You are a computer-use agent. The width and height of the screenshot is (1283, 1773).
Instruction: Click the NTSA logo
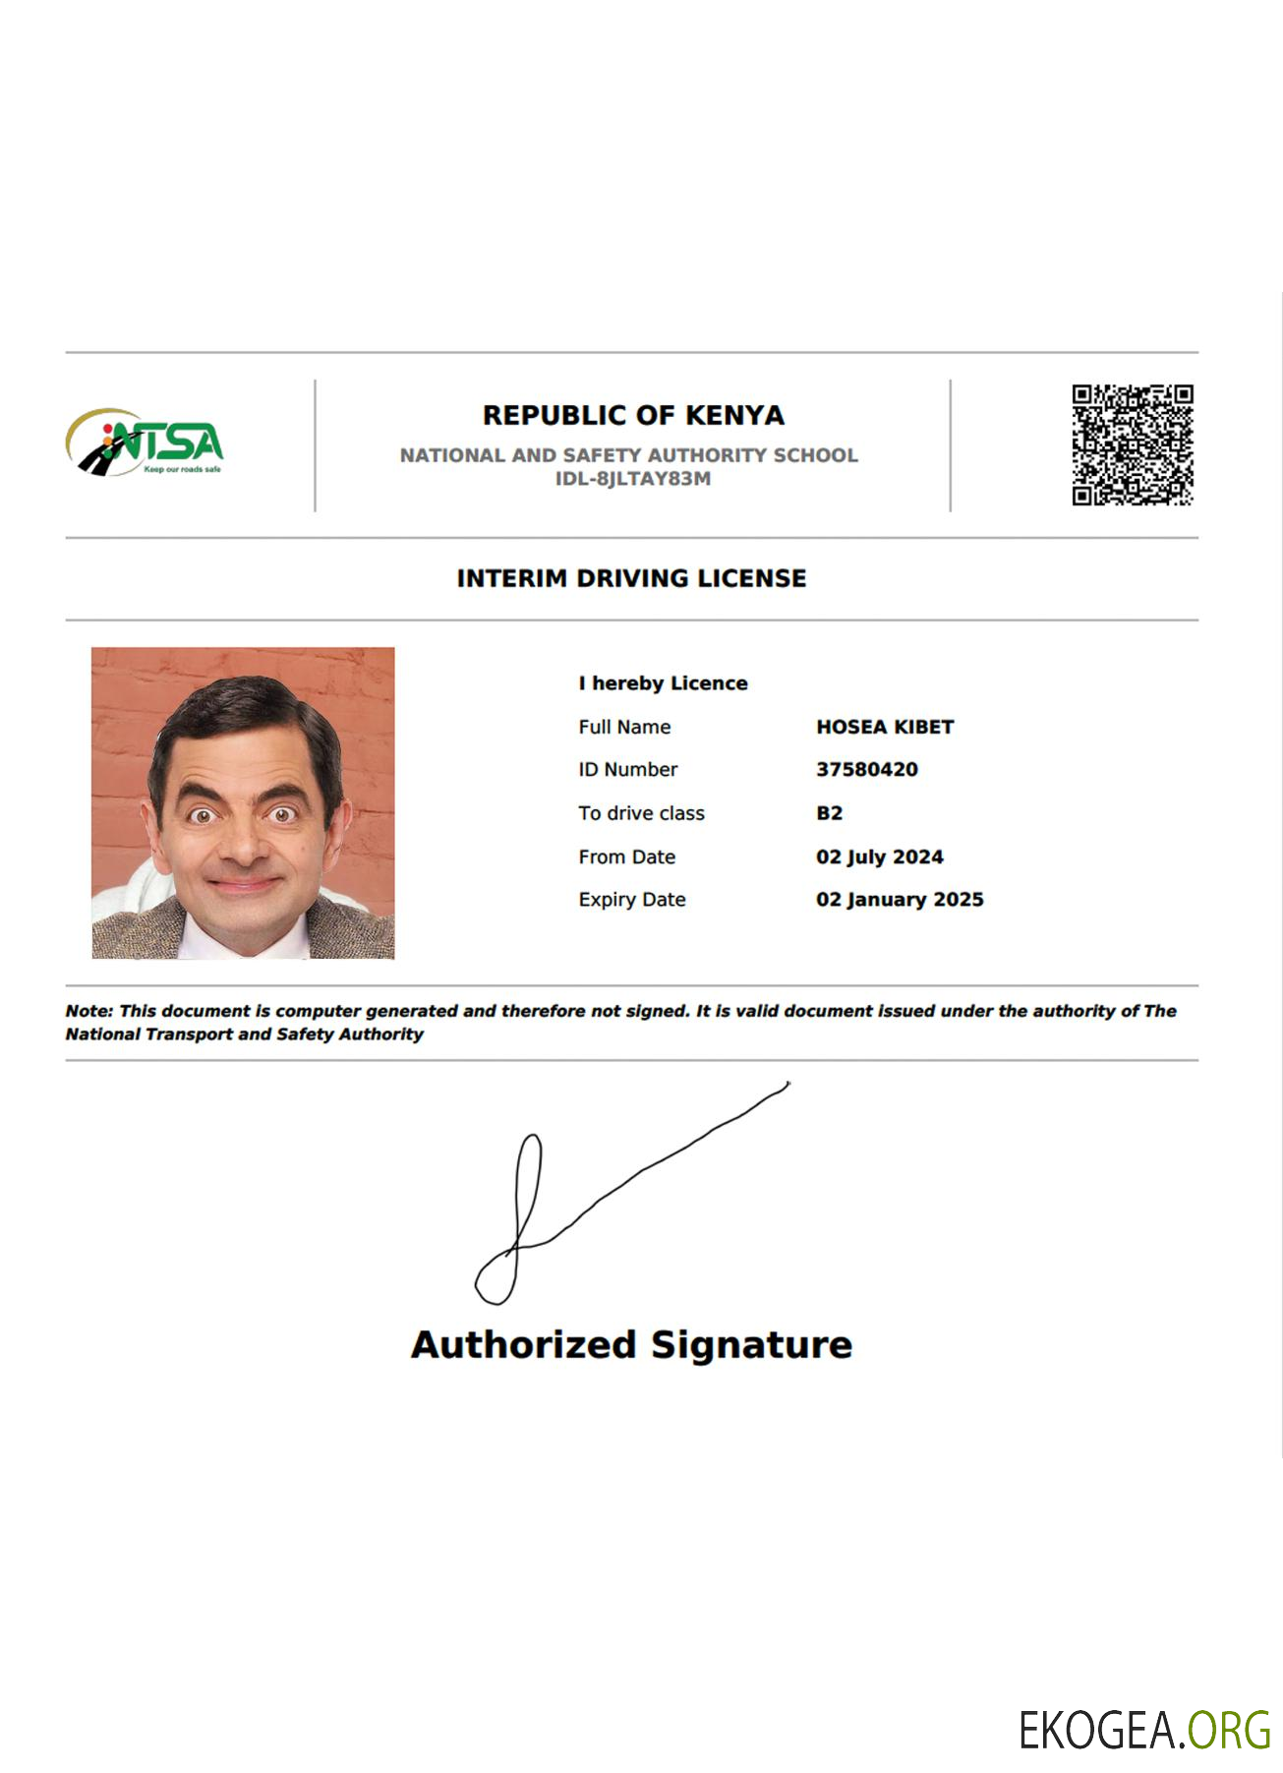coord(146,443)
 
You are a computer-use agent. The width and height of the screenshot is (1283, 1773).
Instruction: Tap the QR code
coord(1132,444)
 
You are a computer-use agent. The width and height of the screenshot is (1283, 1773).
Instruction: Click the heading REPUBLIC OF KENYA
coord(633,416)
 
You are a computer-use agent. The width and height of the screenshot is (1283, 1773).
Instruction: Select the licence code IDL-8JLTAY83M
coord(632,479)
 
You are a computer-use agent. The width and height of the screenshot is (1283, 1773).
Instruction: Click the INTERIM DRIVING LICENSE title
coord(631,578)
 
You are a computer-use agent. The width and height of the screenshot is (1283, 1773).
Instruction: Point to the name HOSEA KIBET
coord(885,727)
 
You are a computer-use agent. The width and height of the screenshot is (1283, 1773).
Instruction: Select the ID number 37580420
coord(866,769)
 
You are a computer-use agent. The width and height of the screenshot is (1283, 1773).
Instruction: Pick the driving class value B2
coord(829,813)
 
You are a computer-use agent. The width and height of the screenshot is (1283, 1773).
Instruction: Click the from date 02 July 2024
coord(879,857)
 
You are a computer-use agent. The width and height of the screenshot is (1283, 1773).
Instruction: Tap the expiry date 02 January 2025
coord(900,899)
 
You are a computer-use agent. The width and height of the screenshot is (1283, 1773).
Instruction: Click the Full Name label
coord(624,727)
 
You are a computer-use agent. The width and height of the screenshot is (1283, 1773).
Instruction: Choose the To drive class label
coord(641,813)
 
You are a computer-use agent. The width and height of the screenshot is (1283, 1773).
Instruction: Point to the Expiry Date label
coord(631,899)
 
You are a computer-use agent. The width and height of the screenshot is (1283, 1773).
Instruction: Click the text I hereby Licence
coord(663,683)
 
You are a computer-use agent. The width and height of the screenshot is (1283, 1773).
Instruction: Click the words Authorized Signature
coord(631,1344)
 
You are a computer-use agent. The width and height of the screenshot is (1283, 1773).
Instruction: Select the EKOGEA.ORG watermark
coord(1143,1730)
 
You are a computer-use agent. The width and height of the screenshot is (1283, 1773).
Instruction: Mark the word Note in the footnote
coord(88,1011)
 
